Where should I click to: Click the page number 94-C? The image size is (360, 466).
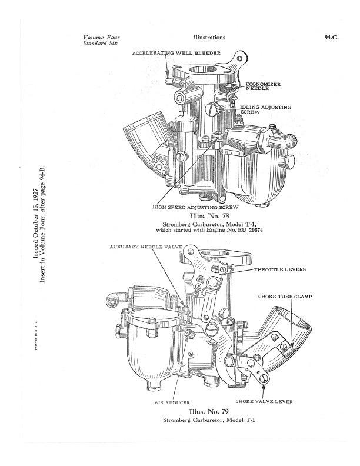pos(331,38)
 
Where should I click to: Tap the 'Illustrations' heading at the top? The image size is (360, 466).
pos(209,38)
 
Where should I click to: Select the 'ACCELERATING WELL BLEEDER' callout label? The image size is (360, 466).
pos(176,53)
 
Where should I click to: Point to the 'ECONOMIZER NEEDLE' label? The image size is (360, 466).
pos(263,86)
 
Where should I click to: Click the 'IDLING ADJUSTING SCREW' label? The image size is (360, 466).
pos(265,109)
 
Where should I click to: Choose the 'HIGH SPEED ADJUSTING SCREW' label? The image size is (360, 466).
pos(195,207)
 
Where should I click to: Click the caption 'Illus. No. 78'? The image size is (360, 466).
pos(209,215)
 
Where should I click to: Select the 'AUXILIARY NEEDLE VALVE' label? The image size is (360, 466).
pos(146,247)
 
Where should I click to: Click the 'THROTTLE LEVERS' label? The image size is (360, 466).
pos(280,269)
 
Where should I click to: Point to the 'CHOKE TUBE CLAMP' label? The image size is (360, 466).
pos(285,297)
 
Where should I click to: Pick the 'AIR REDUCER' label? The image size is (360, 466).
pos(172,402)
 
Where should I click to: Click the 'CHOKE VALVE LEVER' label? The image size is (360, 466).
pos(264,401)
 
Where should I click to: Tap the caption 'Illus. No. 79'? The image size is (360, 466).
pos(209,412)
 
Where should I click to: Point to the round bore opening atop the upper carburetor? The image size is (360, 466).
pos(204,71)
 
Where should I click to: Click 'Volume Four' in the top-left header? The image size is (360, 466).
pos(102,38)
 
